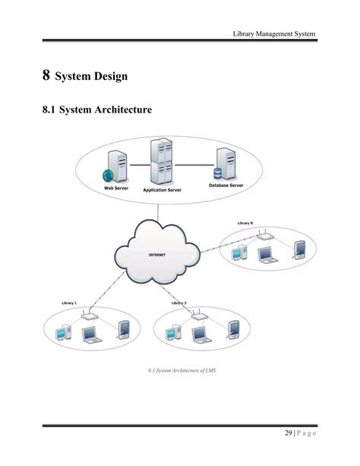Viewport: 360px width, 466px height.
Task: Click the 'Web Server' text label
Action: point(115,187)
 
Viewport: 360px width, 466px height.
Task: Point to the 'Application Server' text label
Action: point(163,191)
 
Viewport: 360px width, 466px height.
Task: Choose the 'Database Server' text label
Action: point(227,185)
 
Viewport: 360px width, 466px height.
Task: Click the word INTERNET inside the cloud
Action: point(157,255)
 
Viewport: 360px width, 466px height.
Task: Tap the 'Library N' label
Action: point(245,223)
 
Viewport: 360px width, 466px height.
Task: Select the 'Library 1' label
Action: point(69,303)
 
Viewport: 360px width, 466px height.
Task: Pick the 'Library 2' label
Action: point(179,303)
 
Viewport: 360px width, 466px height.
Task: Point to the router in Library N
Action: point(265,236)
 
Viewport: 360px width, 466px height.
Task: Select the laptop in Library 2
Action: point(200,333)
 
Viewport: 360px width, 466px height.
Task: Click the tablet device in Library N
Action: point(299,249)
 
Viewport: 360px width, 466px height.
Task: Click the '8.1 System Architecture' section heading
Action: point(96,111)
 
